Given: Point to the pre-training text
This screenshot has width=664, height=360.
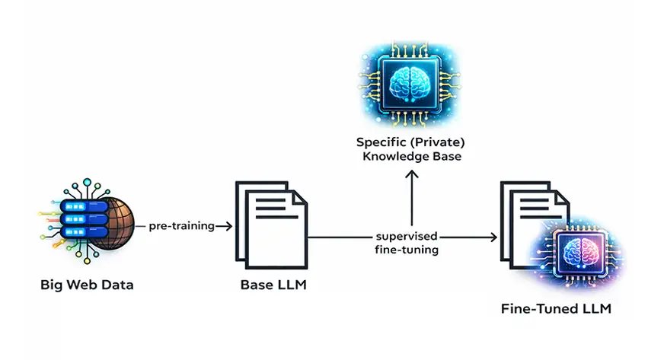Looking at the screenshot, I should click(180, 226).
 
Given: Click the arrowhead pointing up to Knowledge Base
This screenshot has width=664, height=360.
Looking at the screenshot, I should click(411, 174).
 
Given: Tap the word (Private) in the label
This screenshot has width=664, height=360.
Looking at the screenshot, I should click(439, 142).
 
